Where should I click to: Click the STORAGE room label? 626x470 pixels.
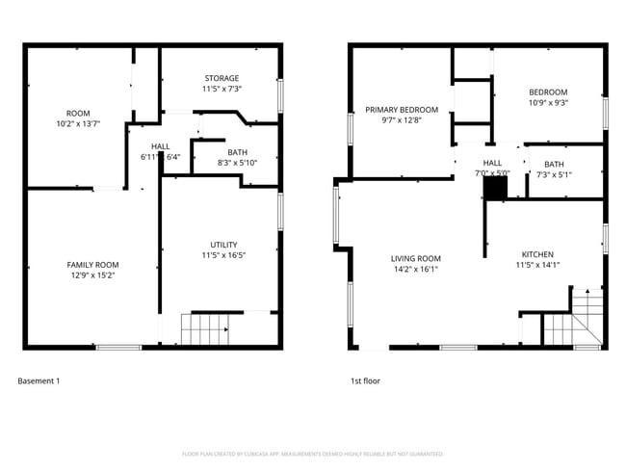(x=222, y=78)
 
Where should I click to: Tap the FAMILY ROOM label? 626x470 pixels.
(x=92, y=265)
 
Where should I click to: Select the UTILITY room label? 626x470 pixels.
(x=223, y=245)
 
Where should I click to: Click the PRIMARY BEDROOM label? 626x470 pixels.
(x=402, y=110)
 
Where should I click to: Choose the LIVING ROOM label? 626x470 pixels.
(x=416, y=258)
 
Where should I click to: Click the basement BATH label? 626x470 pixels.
(x=237, y=152)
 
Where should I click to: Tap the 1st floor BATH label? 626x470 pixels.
(x=554, y=164)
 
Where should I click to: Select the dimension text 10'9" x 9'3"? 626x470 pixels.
(x=548, y=103)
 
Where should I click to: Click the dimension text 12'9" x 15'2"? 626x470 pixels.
(x=92, y=275)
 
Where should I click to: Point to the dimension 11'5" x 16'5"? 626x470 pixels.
(x=223, y=255)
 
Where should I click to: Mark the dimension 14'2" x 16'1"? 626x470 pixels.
(x=416, y=269)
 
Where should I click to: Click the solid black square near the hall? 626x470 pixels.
(x=495, y=190)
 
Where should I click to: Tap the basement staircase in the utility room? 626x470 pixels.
(x=205, y=329)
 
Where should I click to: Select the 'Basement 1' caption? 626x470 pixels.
(x=39, y=381)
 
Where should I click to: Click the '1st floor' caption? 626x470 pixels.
(x=365, y=381)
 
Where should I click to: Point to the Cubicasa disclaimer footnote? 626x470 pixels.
(x=313, y=454)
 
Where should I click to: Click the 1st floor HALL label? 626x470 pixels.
(x=492, y=163)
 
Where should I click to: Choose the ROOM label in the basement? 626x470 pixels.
(x=78, y=113)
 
